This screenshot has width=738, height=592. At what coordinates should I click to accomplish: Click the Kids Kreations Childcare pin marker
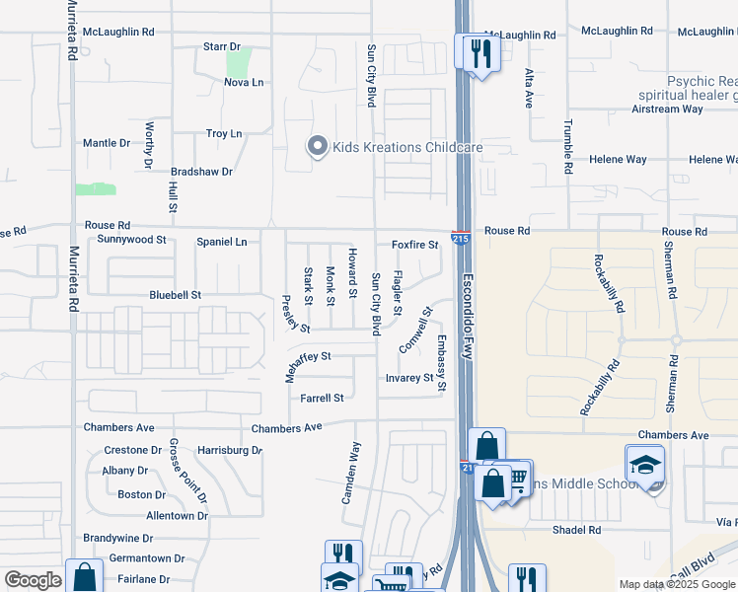coord(317,147)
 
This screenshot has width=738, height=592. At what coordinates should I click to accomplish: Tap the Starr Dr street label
coord(221,46)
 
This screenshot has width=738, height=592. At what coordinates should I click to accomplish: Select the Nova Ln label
coord(244,82)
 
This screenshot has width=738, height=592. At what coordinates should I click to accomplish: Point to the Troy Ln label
coord(224,133)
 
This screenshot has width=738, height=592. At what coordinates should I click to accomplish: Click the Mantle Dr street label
coord(107,143)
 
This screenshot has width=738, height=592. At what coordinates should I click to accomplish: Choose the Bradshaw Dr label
coord(201,171)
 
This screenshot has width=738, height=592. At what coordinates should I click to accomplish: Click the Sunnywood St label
coord(132,239)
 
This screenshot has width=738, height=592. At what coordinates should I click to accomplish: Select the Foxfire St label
coord(414,244)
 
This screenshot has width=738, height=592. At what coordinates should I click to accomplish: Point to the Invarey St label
coord(408,377)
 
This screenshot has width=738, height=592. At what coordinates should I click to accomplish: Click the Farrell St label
coord(322,398)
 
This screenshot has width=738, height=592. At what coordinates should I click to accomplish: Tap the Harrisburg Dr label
coord(230,450)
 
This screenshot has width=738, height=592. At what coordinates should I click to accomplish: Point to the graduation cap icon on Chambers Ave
coord(644,464)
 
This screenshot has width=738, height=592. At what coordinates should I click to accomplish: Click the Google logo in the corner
coord(33,580)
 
